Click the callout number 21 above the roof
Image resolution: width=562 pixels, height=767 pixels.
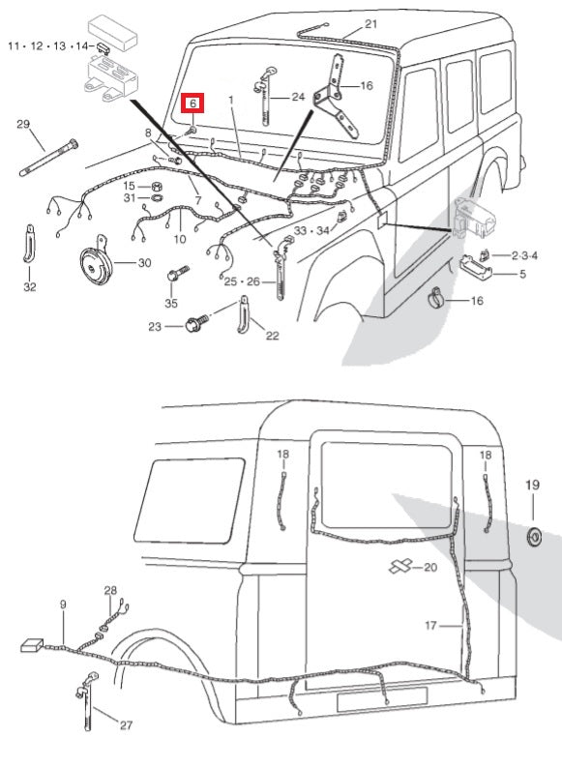point(371,23)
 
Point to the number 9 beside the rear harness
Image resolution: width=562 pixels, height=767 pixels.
point(63,605)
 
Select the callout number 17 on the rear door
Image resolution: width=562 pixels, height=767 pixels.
point(431,626)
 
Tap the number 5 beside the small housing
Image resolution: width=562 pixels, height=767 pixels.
point(523,274)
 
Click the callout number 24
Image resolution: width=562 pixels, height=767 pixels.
point(297,97)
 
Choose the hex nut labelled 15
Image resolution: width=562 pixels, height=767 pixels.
point(155,186)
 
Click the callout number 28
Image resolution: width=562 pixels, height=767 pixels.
point(110,590)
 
